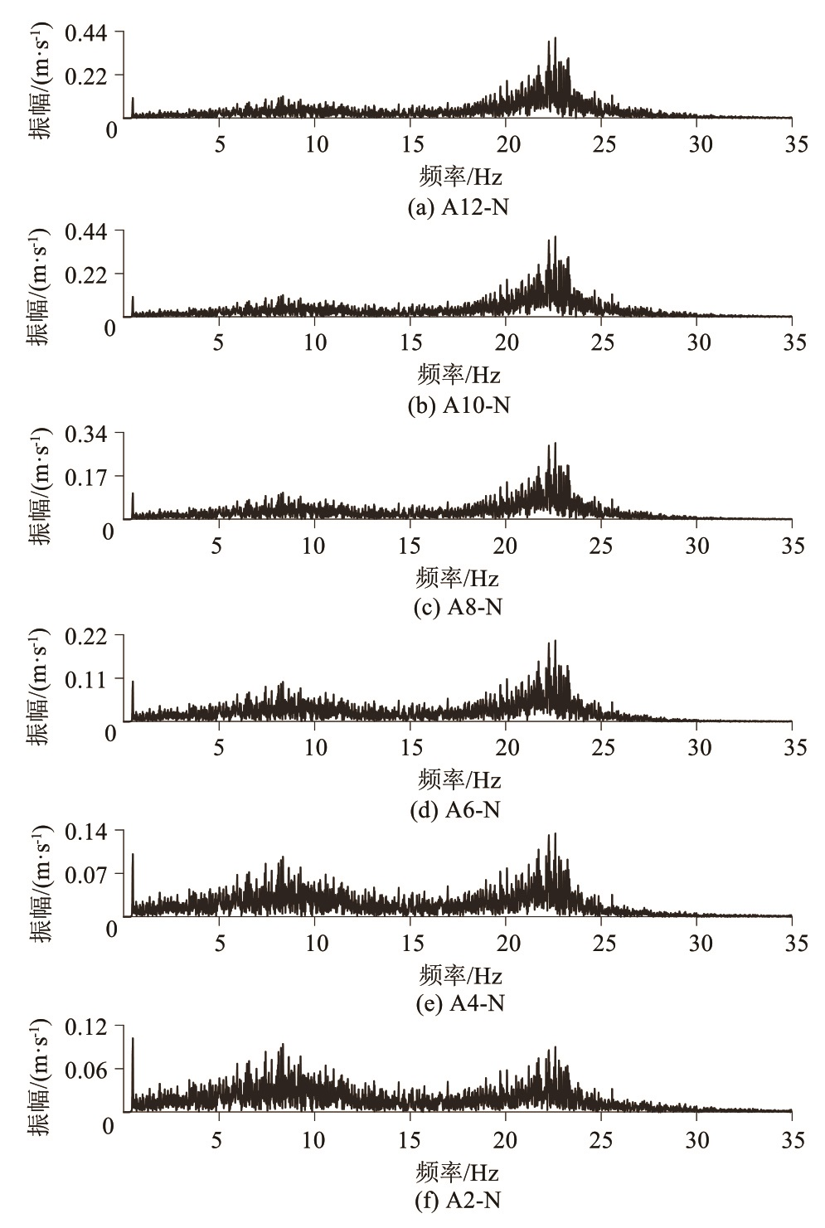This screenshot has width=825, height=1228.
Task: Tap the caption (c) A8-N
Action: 458,607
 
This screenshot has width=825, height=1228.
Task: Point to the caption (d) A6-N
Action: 456,809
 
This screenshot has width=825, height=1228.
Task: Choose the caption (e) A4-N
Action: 459,1003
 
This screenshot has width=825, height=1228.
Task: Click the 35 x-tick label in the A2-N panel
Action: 793,1141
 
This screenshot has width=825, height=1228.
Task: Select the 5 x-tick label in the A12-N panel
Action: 220,144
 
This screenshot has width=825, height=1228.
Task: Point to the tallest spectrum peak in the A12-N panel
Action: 555,38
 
